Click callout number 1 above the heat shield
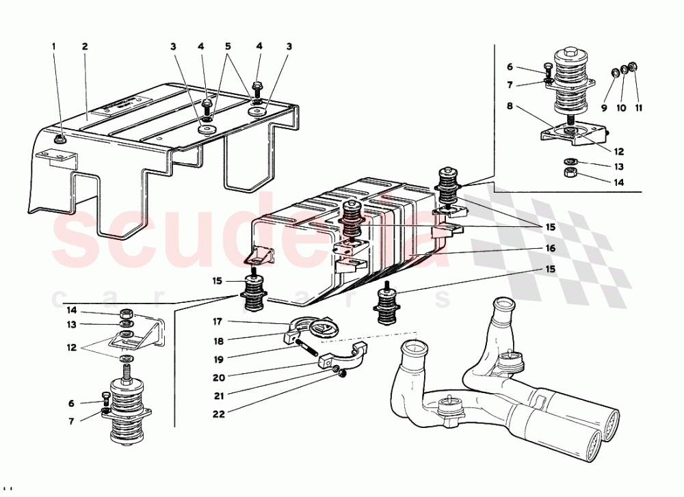click(54, 47)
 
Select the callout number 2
click(85, 47)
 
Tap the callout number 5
click(227, 47)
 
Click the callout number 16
click(551, 248)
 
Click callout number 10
click(621, 108)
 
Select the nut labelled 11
click(633, 67)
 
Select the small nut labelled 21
click(337, 369)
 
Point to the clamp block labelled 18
click(290, 337)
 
